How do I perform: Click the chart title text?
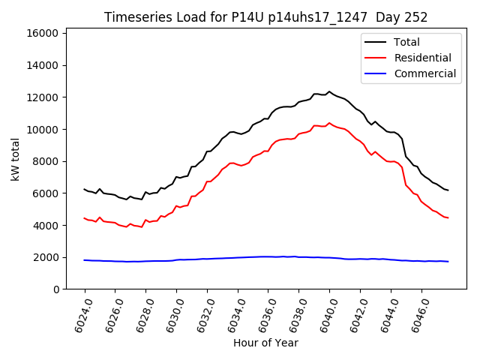click(x=260, y=16)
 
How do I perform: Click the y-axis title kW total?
click(x=16, y=159)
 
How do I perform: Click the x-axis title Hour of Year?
click(x=265, y=343)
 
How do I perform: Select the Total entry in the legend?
click(x=406, y=42)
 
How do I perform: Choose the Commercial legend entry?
click(x=424, y=73)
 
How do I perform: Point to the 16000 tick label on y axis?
click(x=42, y=33)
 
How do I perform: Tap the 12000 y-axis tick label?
click(x=42, y=97)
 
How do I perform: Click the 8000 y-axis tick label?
click(x=45, y=161)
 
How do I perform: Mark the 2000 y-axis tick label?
click(x=45, y=257)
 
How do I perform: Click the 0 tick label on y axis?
click(x=56, y=289)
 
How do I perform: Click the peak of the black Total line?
click(x=329, y=91)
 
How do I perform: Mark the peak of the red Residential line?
click(x=329, y=123)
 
